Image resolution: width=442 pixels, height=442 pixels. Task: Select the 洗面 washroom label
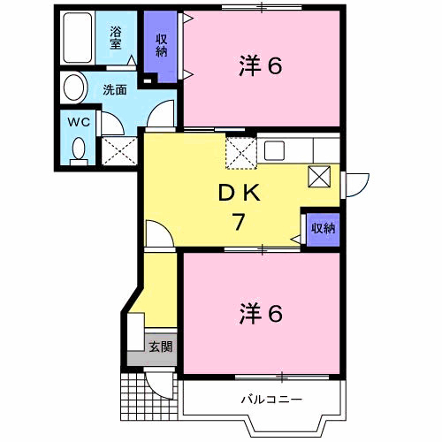click(x=114, y=89)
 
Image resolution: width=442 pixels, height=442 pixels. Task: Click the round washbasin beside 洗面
click(x=74, y=88)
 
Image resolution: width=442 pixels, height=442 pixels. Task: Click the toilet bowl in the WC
click(x=79, y=149)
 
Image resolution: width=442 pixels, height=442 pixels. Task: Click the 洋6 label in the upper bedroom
click(x=261, y=66)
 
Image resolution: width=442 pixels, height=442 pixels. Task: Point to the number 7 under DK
click(x=238, y=223)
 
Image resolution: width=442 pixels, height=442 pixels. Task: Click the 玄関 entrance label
click(x=160, y=347)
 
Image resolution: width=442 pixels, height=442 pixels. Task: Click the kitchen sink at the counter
click(x=272, y=148)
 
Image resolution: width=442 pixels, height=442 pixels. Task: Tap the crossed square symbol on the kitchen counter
click(x=318, y=176)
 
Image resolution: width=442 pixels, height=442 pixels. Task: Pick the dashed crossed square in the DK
click(x=240, y=152)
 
